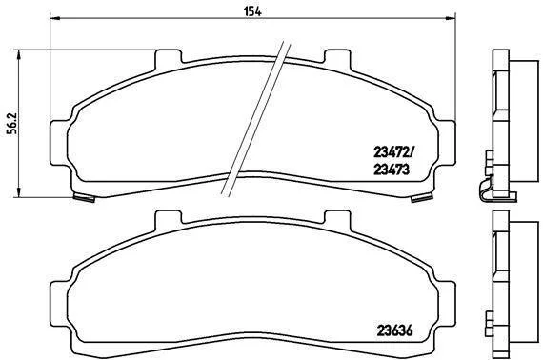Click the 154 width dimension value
252,11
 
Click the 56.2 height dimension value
12,123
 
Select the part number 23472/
394,151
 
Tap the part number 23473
392,170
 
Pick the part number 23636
394,330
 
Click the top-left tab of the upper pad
169,58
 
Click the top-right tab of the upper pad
337,58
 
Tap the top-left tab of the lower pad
169,219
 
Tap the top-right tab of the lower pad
337,219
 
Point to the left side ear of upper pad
59,143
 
